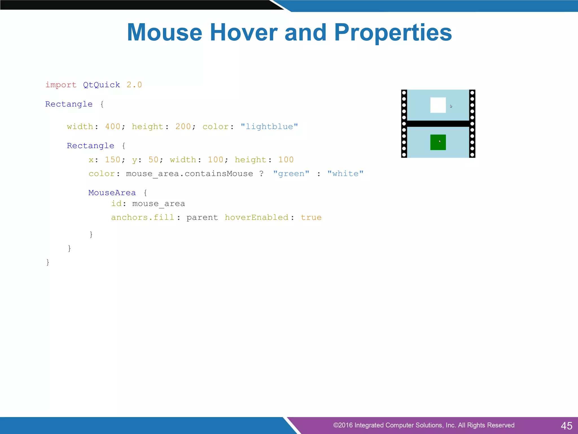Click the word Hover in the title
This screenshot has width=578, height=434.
pyautogui.click(x=244, y=32)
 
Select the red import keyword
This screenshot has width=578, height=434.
pyautogui.click(x=61, y=85)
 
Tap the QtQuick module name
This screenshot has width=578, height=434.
pyautogui.click(x=101, y=85)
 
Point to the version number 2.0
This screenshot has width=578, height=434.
pyautogui.click(x=134, y=85)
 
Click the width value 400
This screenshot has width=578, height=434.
pyautogui.click(x=113, y=126)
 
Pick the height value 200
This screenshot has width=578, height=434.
pyautogui.click(x=183, y=126)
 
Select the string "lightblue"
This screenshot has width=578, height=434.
pyautogui.click(x=269, y=126)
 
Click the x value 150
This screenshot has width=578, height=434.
pyautogui.click(x=113, y=160)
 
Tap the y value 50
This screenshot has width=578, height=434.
pyautogui.click(x=153, y=160)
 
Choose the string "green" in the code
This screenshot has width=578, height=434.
pyautogui.click(x=291, y=173)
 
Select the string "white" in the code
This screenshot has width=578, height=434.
pyautogui.click(x=345, y=173)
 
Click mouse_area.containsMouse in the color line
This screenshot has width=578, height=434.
pyautogui.click(x=189, y=173)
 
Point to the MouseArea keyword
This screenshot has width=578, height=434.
pyautogui.click(x=112, y=193)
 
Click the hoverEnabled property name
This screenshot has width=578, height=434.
pyautogui.click(x=257, y=217)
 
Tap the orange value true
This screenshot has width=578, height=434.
pyautogui.click(x=311, y=217)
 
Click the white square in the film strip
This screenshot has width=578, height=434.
pyautogui.click(x=438, y=105)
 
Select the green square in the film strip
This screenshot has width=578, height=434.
pyautogui.click(x=438, y=142)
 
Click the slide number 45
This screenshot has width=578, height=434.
pyautogui.click(x=566, y=426)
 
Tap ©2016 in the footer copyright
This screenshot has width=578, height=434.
pyautogui.click(x=343, y=425)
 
